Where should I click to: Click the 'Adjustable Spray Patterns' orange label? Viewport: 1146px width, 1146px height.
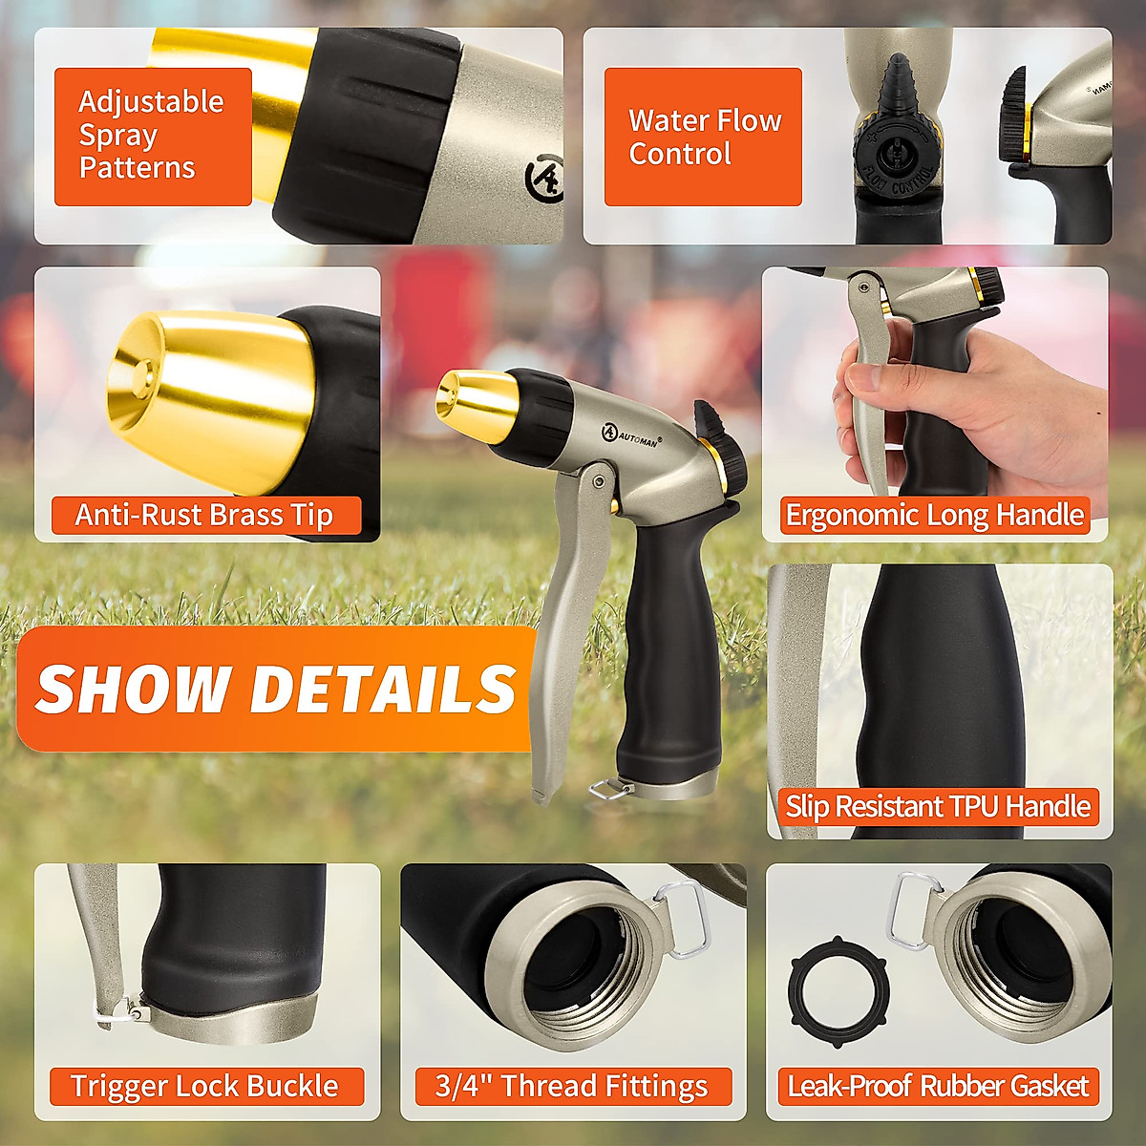coord(153,136)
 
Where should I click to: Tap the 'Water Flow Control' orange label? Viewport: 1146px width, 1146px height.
coord(703,137)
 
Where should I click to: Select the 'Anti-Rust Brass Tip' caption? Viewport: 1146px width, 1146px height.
coord(204,516)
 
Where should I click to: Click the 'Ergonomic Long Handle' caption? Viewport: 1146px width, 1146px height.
coord(934,516)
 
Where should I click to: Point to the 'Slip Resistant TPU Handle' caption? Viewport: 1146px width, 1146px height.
coord(937,807)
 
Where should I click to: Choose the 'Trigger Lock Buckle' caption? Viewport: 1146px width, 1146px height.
coord(204,1087)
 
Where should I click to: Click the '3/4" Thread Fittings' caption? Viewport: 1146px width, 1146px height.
coord(571,1087)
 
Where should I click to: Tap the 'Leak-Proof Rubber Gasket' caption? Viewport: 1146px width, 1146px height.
coord(937,1087)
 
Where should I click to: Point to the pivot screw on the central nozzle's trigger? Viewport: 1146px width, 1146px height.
coord(599,477)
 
